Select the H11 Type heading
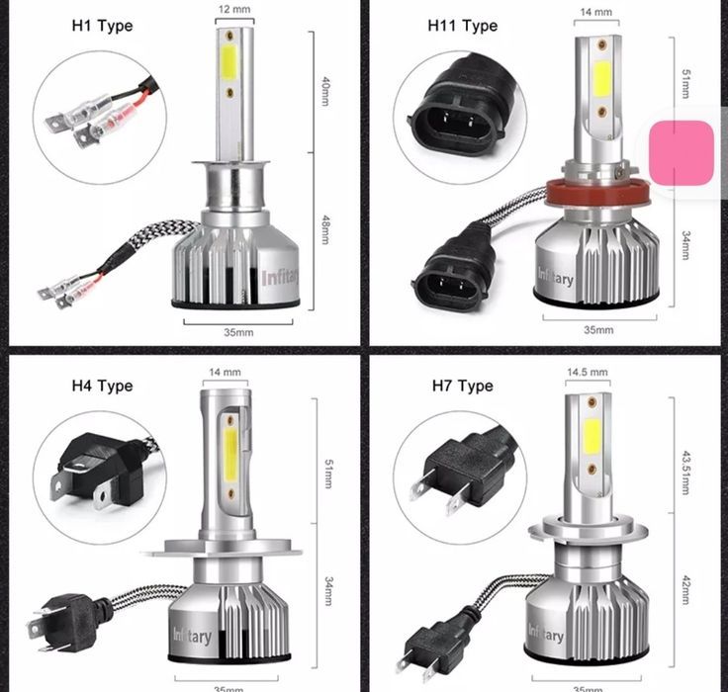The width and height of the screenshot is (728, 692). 462,25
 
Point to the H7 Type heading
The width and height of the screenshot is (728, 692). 461,386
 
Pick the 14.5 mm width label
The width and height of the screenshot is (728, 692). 588,372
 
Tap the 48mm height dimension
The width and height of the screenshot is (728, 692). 325,231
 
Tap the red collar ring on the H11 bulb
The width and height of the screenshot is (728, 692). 590,187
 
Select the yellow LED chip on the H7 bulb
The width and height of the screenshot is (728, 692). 591,434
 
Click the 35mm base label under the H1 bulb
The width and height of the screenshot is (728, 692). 238,332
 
